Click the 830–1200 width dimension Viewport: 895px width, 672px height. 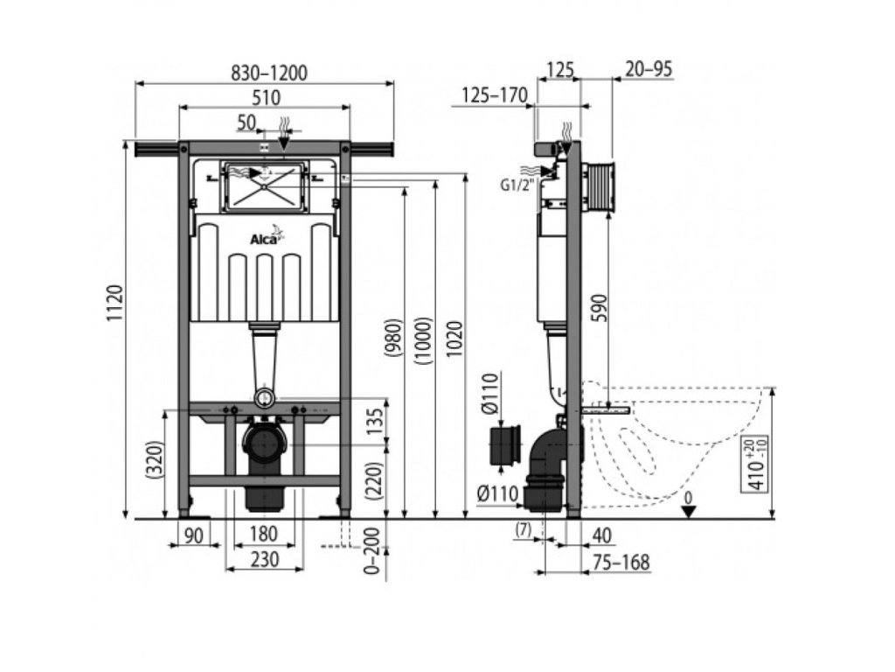pos(264,73)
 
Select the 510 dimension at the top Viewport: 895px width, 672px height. pos(264,98)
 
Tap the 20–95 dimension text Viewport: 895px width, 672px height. pos(649,70)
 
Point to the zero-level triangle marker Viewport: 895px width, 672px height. pos(690,510)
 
